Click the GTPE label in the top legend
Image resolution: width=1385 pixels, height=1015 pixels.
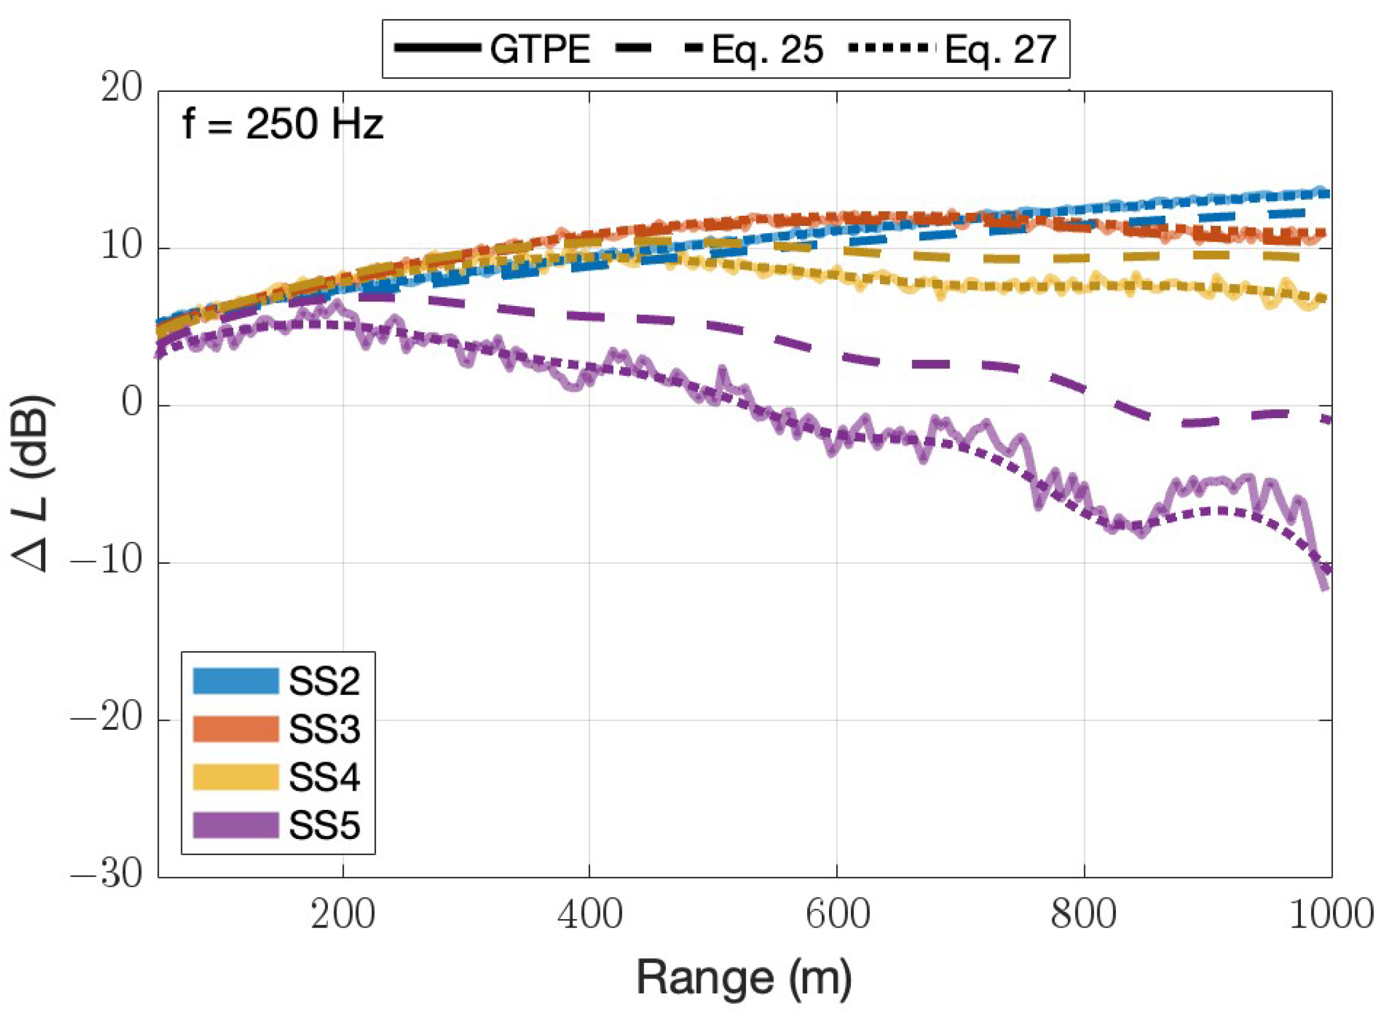540,49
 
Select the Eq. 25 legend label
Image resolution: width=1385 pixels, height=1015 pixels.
767,49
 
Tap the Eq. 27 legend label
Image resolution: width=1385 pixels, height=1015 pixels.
1000,49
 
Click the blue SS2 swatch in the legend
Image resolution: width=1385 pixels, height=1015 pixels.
235,681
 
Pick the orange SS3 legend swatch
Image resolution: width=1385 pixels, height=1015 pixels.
235,729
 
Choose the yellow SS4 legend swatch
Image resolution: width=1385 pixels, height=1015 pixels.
235,777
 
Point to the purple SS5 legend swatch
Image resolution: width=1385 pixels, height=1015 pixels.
235,825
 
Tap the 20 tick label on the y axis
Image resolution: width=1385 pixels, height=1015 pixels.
122,90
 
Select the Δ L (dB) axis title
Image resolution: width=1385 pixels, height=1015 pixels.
34,483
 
